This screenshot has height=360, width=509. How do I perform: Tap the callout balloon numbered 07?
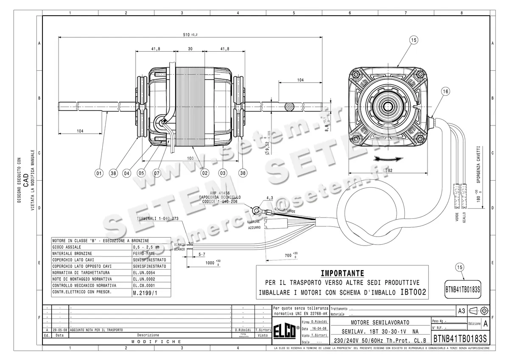coord(157,173)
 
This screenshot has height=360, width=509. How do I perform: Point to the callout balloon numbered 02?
coord(205,173)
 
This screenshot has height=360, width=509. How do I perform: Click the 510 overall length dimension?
coord(193,34)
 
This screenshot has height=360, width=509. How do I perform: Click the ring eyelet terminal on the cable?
coord(255,209)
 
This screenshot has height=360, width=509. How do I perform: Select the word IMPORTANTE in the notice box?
coord(342,273)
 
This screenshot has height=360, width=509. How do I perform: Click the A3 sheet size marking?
coord(461,311)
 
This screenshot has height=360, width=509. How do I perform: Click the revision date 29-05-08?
coord(60,329)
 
